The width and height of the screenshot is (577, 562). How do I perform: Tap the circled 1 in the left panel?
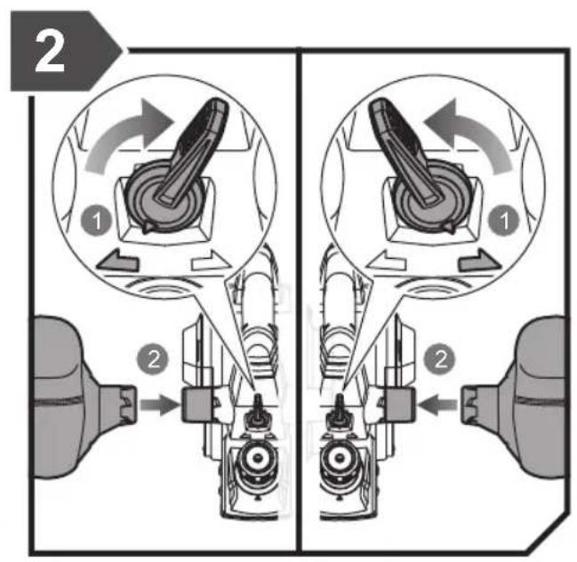click(96, 221)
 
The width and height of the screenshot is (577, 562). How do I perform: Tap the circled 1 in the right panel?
click(503, 221)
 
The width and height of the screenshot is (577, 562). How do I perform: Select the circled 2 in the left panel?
click(153, 359)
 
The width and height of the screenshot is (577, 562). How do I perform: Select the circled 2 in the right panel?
click(440, 359)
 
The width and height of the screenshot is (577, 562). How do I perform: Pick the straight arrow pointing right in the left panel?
click(159, 405)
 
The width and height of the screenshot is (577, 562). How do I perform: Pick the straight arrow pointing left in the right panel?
click(438, 405)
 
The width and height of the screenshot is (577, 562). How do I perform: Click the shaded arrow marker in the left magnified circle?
click(117, 261)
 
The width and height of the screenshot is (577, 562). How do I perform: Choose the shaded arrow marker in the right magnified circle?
click(479, 261)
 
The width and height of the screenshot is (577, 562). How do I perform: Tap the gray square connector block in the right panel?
click(399, 405)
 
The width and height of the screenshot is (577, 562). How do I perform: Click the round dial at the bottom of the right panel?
click(340, 458)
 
